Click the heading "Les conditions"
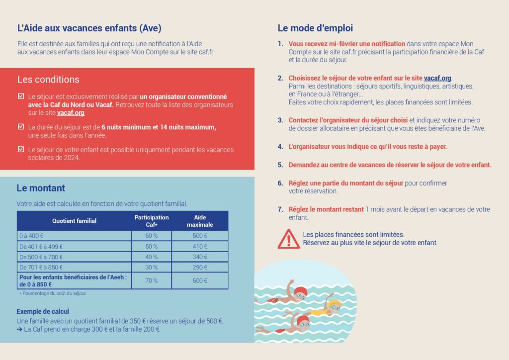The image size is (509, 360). pyautogui.click(x=48, y=80)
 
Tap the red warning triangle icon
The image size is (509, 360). pyautogui.click(x=289, y=239)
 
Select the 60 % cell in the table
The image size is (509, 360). pyautogui.click(x=152, y=235)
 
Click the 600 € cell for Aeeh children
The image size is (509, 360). pyautogui.click(x=200, y=280)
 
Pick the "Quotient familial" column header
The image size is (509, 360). pyautogui.click(x=74, y=221)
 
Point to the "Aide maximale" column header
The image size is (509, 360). pyautogui.click(x=200, y=221)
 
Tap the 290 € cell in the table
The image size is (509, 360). pyautogui.click(x=200, y=268)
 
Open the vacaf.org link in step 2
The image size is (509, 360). pyautogui.click(x=437, y=79)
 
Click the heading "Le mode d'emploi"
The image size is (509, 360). pyautogui.click(x=315, y=28)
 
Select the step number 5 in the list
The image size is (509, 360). pyautogui.click(x=280, y=165)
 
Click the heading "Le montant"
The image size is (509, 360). pyautogui.click(x=41, y=188)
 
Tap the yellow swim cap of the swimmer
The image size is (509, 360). pyautogui.click(x=336, y=303)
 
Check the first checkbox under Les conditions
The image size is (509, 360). pyautogui.click(x=20, y=96)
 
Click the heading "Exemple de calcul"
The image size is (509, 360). pyautogui.click(x=43, y=312)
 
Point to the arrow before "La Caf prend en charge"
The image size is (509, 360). pyautogui.click(x=19, y=329)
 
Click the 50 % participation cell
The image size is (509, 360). pyautogui.click(x=152, y=246)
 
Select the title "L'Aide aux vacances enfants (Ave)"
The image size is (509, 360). pyautogui.click(x=89, y=28)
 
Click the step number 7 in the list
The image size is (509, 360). pyautogui.click(x=280, y=209)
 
